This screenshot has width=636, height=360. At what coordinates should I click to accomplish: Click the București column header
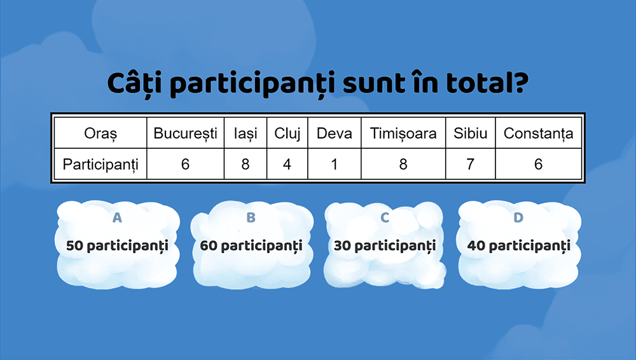pos(185,134)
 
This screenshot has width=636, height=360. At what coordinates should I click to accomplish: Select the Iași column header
pos(245,134)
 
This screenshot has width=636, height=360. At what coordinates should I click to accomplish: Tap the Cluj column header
pos(287,134)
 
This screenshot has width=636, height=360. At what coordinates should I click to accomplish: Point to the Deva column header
pos(335,134)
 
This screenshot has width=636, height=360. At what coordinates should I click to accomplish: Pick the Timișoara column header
pos(403,134)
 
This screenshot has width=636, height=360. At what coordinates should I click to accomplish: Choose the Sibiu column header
pos(471,134)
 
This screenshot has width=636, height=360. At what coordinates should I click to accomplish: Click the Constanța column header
pos(538,134)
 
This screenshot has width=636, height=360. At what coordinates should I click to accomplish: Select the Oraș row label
pos(100,134)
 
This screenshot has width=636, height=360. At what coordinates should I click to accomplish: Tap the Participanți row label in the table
pos(100,164)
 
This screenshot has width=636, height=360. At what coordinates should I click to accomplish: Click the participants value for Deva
pos(335,164)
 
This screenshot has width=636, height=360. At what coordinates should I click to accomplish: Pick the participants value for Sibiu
pos(471,164)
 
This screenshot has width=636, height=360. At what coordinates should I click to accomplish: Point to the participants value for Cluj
pos(287,164)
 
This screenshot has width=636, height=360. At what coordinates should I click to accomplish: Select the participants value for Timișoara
pos(403,164)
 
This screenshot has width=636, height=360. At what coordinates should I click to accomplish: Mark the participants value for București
pos(185,164)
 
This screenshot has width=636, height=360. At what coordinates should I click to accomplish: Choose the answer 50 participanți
pos(117,246)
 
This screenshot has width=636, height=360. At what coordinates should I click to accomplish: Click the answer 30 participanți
pos(385,246)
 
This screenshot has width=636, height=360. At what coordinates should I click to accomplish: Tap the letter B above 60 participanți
pos(251,218)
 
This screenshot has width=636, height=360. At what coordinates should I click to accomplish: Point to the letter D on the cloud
pos(518,218)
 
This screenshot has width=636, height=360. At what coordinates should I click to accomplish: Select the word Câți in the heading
pos(135,83)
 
